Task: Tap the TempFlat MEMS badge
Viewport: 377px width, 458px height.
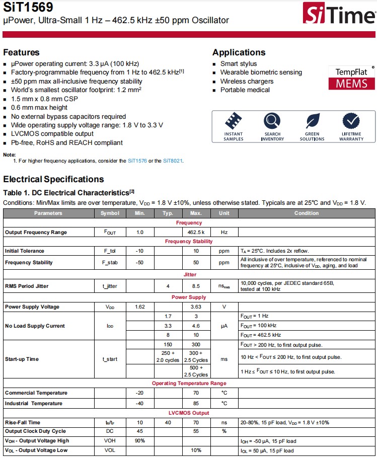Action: pos(351,78)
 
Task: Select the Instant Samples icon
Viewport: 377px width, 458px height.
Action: pos(233,121)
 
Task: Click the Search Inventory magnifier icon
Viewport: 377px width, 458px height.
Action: pos(272,121)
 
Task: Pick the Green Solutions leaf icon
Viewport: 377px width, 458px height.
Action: pos(312,121)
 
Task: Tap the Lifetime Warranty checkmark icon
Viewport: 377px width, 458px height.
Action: pos(351,121)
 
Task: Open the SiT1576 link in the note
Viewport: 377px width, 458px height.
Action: pos(137,161)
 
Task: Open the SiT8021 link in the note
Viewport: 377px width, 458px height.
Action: pos(173,161)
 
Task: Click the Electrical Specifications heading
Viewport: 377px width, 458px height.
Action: pos(53,179)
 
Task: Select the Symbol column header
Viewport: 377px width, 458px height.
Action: pos(110,213)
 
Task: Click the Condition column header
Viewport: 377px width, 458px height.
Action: pos(307,213)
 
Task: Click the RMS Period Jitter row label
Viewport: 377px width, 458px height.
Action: pos(27,286)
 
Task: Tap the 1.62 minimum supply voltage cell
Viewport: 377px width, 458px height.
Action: pos(139,307)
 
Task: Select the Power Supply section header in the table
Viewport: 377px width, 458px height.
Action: pos(189,297)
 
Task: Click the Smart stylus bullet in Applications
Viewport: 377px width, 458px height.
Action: pos(238,64)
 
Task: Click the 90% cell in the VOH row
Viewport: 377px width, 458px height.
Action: pos(139,441)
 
